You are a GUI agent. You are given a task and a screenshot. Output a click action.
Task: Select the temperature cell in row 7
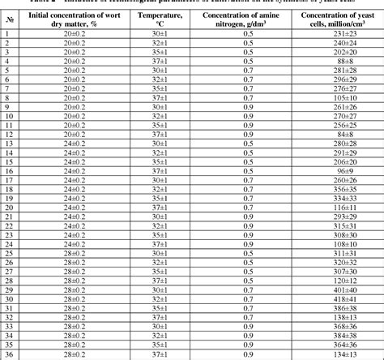coord(160,89)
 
